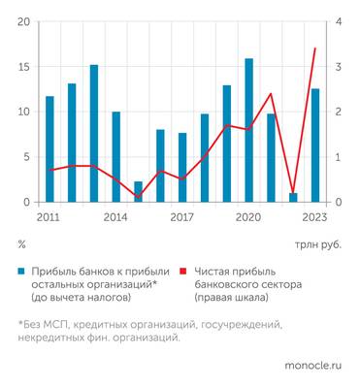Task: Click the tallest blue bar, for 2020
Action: [249, 131]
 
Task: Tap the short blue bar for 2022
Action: [293, 198]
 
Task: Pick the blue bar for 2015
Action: [138, 192]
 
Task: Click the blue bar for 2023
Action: [315, 145]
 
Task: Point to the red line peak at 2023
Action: [315, 48]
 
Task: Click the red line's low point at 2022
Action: [293, 193]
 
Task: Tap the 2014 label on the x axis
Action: [115, 217]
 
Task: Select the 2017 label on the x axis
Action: [181, 217]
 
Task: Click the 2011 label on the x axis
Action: [49, 217]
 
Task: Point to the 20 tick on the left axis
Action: [24, 21]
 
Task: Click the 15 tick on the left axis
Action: [24, 67]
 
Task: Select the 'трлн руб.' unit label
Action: [318, 245]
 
